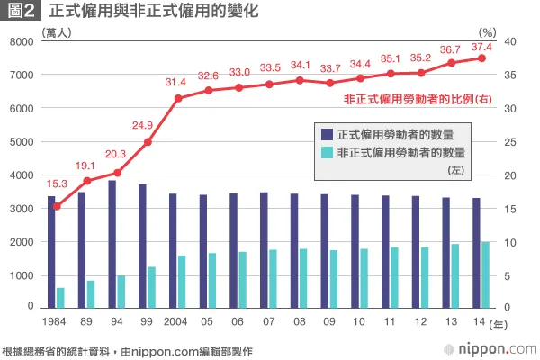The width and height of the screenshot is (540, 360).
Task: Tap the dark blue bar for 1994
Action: click(112, 244)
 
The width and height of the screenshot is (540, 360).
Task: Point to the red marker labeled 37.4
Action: click(481, 58)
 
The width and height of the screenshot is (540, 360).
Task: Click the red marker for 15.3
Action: click(57, 206)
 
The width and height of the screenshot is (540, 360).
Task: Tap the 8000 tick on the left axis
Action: click(21, 42)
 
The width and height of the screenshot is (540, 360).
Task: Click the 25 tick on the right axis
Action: click(508, 142)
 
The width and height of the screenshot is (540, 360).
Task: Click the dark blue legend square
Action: click(327, 134)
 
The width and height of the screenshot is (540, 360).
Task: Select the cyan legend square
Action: click(327, 153)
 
